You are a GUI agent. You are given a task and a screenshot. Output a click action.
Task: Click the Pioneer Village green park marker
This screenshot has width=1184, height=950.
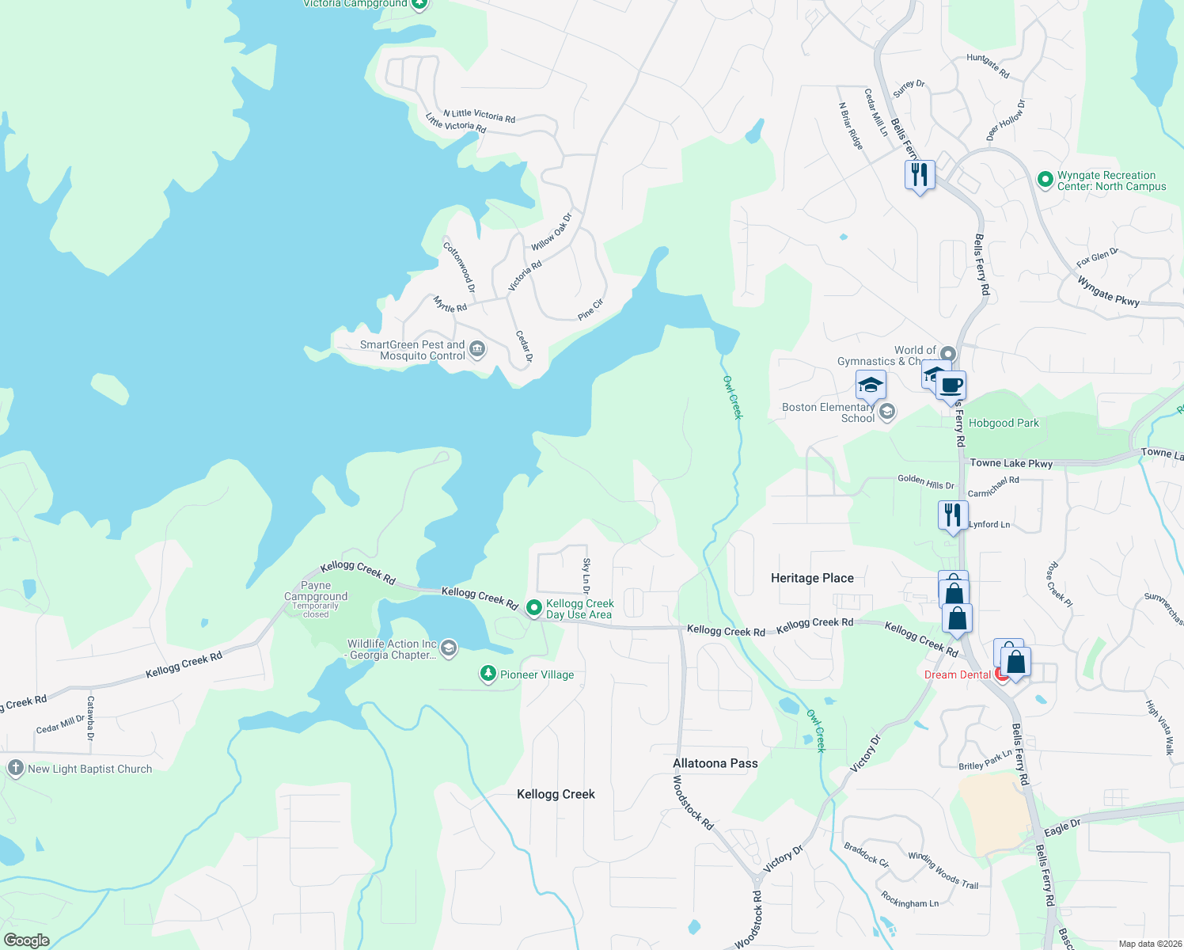tap(488, 674)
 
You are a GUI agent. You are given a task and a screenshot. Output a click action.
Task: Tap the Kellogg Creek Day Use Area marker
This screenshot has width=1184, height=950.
tap(534, 608)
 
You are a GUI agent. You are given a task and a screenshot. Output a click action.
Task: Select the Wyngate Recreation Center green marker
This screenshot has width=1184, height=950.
tap(1045, 180)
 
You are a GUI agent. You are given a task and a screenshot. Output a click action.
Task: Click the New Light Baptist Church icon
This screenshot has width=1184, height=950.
tap(15, 768)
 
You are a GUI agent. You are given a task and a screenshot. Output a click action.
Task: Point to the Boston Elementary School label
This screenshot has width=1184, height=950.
tap(828, 412)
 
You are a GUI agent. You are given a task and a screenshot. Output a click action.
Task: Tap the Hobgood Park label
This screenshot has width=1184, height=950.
tap(1004, 423)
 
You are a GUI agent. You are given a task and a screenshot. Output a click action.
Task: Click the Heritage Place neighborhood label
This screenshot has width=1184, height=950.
tap(812, 578)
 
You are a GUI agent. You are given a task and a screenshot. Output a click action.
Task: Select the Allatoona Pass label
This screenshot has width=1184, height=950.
tap(715, 763)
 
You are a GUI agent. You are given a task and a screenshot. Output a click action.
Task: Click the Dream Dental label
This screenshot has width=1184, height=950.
tap(958, 674)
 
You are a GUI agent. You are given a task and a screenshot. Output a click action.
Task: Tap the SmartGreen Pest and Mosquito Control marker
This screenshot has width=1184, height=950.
tap(477, 349)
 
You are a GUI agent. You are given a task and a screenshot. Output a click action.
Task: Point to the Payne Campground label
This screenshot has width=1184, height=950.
tap(316, 591)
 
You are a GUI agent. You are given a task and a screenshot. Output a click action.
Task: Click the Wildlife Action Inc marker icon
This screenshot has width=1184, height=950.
tap(449, 649)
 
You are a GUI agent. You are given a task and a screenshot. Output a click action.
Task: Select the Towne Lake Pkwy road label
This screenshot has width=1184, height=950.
tap(1011, 463)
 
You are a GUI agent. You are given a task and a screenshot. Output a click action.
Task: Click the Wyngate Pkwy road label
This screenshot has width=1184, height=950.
tap(1108, 291)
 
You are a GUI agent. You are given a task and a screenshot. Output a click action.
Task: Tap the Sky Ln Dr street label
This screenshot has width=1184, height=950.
tap(586, 576)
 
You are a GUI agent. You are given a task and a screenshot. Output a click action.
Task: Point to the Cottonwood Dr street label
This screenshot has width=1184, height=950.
tap(459, 267)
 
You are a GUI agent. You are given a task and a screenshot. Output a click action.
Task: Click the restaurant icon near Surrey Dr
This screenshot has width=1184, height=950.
tap(920, 175)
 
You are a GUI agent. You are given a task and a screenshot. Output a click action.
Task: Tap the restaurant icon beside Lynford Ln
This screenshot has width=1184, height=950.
tap(953, 515)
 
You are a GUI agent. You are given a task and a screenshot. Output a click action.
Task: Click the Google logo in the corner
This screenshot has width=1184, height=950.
tap(26, 940)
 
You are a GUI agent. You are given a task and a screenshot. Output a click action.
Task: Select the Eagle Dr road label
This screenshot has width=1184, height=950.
tap(1062, 828)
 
